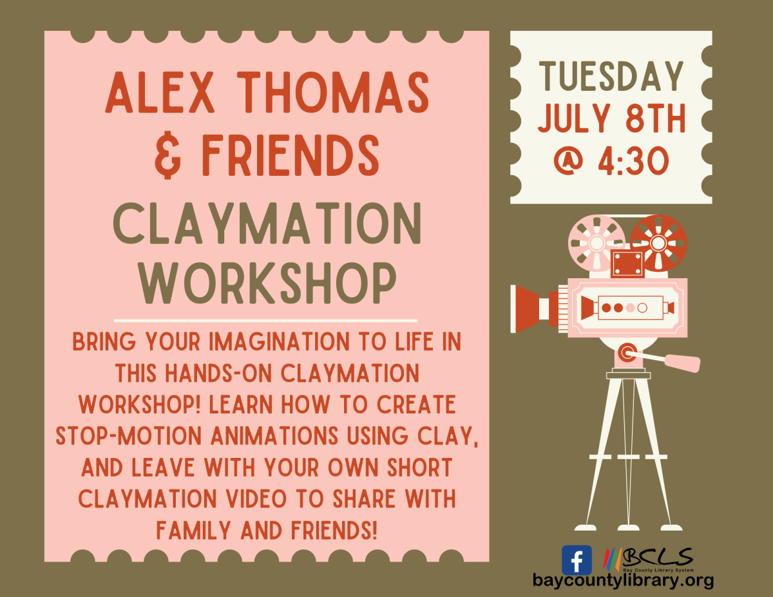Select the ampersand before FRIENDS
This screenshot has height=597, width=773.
point(168,156)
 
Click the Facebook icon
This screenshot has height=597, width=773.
point(577,560)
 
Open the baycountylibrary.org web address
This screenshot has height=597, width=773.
point(623,580)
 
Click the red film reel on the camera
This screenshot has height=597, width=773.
point(658,243)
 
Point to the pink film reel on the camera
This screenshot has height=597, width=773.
point(596,243)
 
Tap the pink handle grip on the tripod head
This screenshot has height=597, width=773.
point(682,363)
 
